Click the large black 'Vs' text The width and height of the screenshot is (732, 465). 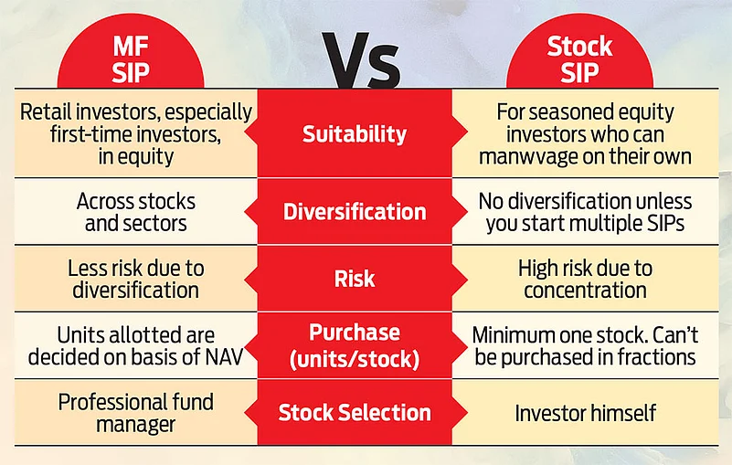[363, 60]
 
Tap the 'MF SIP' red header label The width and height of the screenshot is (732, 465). [131, 59]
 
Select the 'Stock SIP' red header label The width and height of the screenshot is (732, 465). [579, 59]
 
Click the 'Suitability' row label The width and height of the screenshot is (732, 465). [355, 134]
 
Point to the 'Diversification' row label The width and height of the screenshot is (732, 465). [355, 212]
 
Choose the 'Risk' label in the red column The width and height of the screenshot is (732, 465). [355, 279]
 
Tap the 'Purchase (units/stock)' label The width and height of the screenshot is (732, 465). [355, 345]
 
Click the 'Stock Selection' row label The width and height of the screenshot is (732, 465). [355, 413]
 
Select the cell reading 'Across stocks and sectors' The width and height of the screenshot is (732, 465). [136, 212]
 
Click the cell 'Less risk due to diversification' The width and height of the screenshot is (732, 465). [136, 279]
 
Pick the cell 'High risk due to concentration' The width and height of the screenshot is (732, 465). [585, 279]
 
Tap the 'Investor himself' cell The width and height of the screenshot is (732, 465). [585, 413]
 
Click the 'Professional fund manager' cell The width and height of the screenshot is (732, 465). [136, 413]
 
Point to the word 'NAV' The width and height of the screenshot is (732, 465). [224, 357]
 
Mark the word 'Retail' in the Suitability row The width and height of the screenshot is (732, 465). [45, 112]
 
